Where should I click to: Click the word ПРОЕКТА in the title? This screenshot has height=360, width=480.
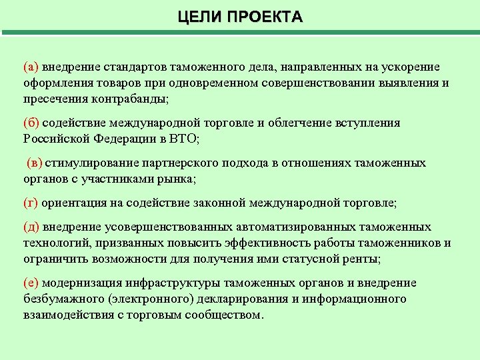point(265,17)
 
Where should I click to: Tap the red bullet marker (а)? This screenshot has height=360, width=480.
point(31,67)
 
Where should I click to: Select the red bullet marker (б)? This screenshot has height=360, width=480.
point(31,123)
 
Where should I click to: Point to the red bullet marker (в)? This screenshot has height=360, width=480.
point(35,163)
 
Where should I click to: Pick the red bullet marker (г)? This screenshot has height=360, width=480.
point(31,203)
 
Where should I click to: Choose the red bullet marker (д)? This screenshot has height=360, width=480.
point(31,227)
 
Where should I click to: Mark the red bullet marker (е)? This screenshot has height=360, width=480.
point(31,283)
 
